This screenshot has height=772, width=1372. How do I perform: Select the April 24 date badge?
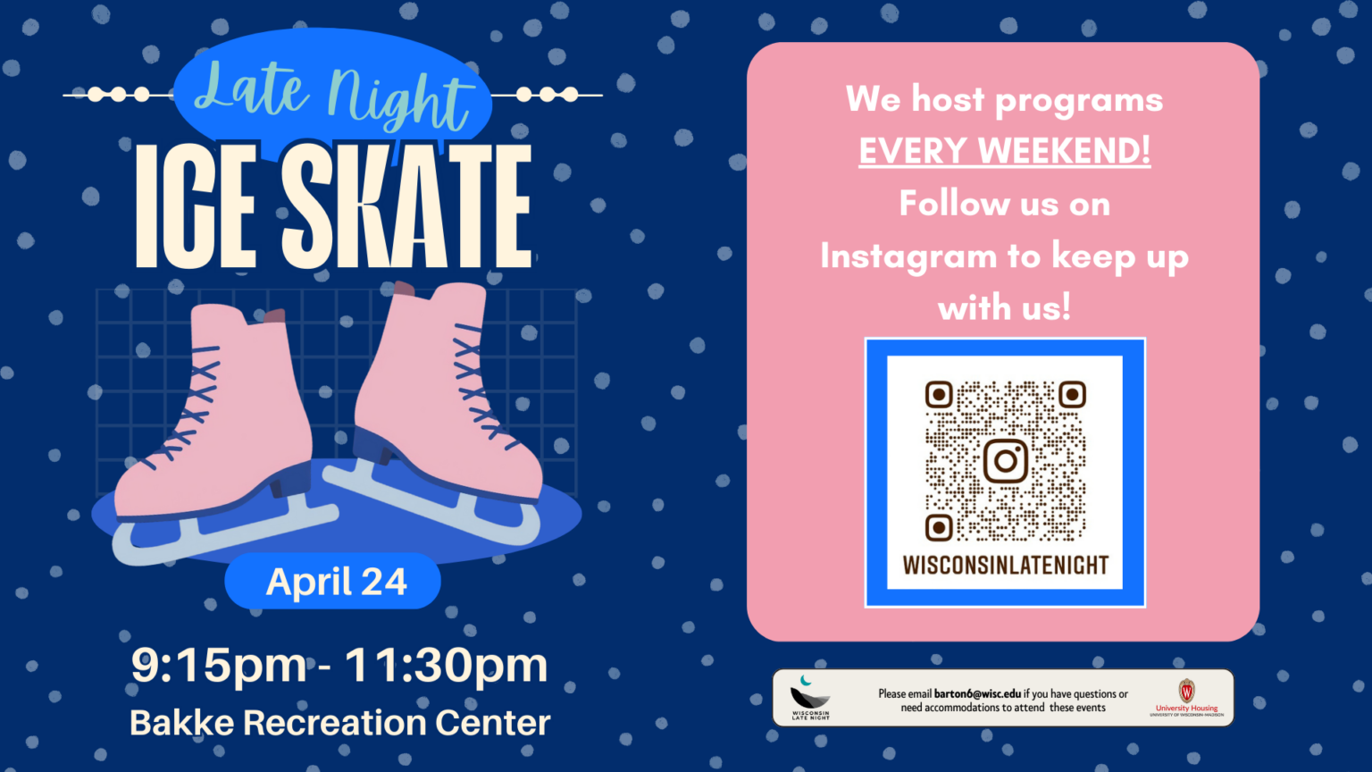(336, 582)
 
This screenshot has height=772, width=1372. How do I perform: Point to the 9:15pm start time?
(219, 665)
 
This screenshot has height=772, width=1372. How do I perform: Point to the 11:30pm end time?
(446, 665)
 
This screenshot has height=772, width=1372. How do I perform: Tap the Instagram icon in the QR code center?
(1005, 461)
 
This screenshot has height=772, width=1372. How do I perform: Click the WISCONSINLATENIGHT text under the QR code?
(1005, 566)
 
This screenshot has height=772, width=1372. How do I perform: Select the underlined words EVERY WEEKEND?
(1005, 151)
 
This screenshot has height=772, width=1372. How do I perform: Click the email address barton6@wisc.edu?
(977, 693)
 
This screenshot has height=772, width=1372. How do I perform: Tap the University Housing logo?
(1186, 697)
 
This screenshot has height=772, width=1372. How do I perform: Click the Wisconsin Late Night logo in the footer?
(810, 698)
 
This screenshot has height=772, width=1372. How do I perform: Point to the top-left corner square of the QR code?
(939, 394)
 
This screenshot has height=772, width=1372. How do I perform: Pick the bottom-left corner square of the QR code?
(939, 527)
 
